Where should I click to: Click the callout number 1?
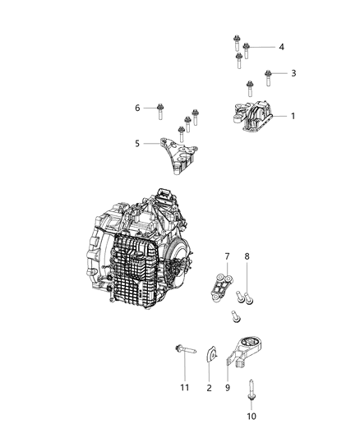292,116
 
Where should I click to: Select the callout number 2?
210,387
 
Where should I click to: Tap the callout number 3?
293,73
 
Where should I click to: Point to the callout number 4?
281,47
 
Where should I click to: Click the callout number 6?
137,108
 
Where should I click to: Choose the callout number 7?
228,257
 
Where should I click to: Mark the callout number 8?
247,257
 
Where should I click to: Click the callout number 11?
185,387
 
